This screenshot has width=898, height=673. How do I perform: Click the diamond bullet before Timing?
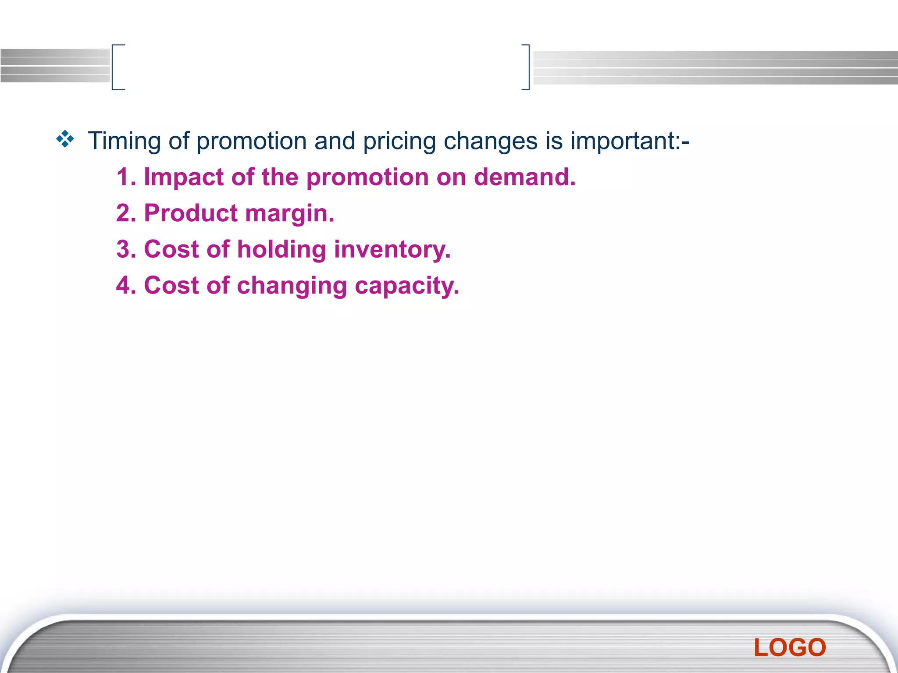point(65,139)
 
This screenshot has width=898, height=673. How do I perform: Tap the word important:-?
point(630,142)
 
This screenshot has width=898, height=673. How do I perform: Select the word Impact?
point(184,177)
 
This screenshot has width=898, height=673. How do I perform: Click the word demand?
point(524,177)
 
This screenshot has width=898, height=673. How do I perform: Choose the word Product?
point(191,213)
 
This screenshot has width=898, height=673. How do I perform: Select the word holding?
point(282,250)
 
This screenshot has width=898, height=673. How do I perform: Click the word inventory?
point(392,250)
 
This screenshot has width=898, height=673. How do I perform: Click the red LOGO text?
point(790,648)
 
